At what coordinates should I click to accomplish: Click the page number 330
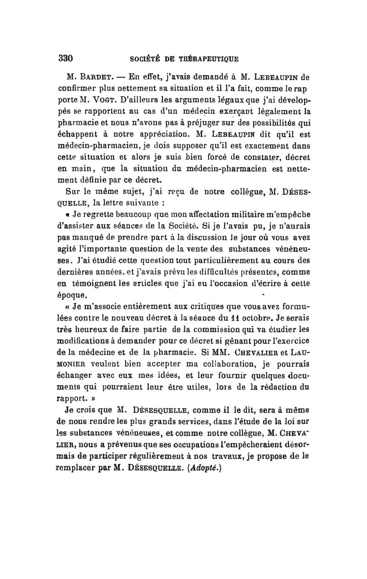(x=66, y=58)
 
